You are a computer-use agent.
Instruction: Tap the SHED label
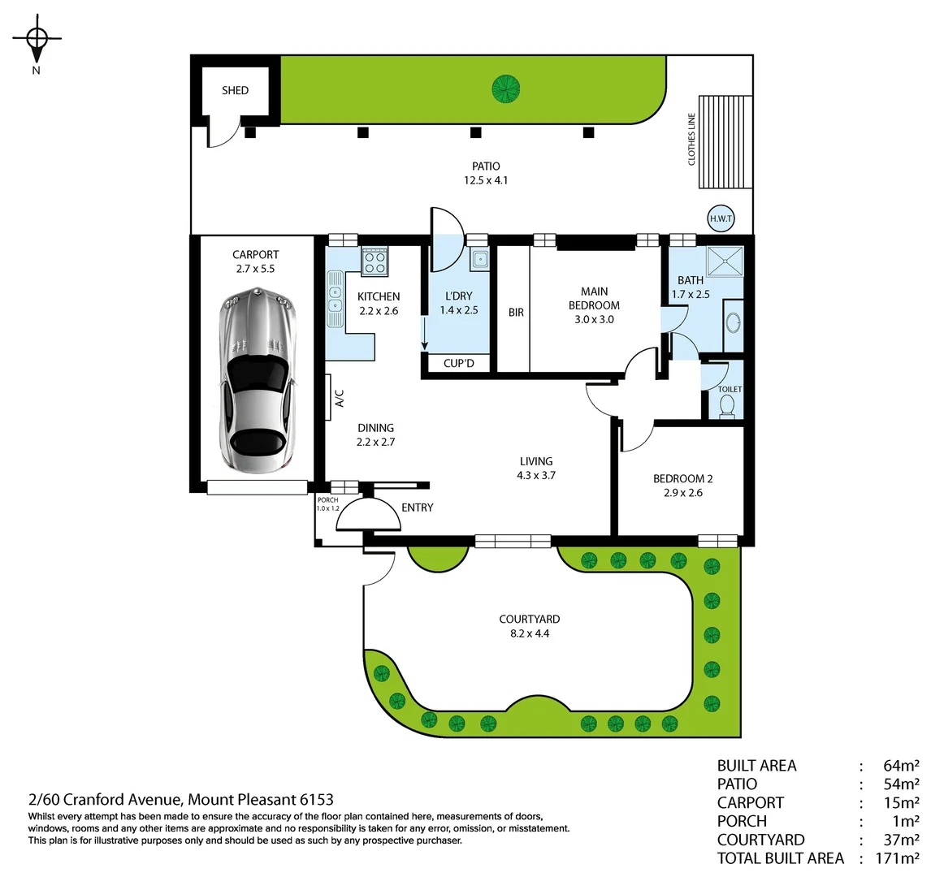pyautogui.click(x=235, y=90)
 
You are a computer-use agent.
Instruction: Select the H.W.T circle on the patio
pyautogui.click(x=721, y=218)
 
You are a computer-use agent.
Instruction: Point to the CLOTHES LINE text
pyautogui.click(x=692, y=139)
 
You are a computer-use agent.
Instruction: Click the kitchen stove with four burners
pyautogui.click(x=375, y=261)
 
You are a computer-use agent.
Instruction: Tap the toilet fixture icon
pyautogui.click(x=727, y=407)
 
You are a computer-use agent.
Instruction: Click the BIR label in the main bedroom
pyautogui.click(x=516, y=312)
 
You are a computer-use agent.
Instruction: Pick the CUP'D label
pyautogui.click(x=459, y=363)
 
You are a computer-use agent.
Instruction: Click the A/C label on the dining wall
pyautogui.click(x=340, y=398)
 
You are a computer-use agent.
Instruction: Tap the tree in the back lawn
pyautogui.click(x=505, y=88)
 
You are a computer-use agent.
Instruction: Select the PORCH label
pyautogui.click(x=327, y=500)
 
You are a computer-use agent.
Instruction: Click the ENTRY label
pyautogui.click(x=417, y=508)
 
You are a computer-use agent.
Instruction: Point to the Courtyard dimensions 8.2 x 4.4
pyautogui.click(x=529, y=633)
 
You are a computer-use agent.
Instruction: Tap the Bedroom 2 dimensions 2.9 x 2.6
pyautogui.click(x=682, y=492)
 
